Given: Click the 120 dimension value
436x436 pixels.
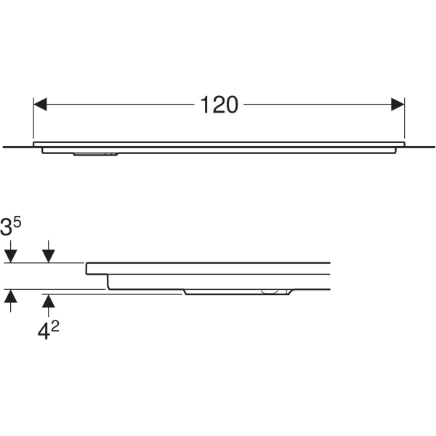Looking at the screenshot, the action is point(219,105).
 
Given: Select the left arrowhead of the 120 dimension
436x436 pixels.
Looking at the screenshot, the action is point(40,104).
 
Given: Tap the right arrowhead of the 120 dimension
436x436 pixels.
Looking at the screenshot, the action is point(397,104).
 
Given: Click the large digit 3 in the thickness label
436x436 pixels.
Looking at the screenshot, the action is point(6,227).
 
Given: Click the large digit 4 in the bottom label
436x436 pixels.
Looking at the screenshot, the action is point(44,332).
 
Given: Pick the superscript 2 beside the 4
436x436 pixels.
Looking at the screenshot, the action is point(55,327).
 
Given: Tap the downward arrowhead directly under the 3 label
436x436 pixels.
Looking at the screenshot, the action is point(11,256).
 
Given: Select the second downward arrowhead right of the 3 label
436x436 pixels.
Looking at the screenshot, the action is point(49,256).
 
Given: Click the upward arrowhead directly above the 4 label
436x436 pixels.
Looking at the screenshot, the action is point(49,301).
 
